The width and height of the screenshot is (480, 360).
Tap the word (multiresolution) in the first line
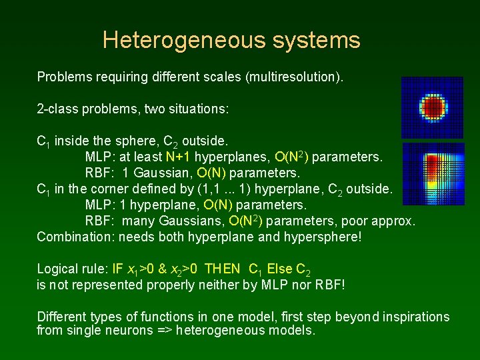tap(295, 77)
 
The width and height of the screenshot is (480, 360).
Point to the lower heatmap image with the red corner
tap(433, 173)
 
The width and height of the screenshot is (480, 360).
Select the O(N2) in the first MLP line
tap(291, 157)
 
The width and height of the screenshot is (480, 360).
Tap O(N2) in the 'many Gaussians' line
tap(245, 221)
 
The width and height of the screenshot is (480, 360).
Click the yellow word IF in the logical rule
tap(117, 269)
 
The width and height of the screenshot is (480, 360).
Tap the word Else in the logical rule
tap(279, 269)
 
